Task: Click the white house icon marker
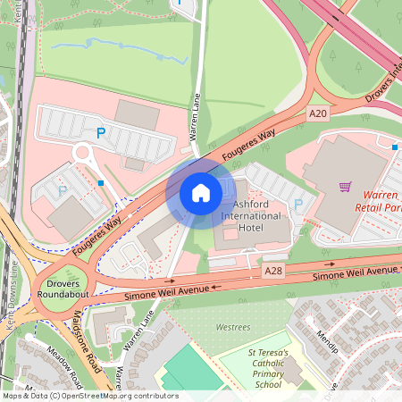201,193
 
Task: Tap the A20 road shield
319,113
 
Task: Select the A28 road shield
274,269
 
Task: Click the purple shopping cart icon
345,187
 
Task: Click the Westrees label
232,328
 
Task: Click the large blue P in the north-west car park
101,133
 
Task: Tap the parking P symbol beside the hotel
297,205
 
